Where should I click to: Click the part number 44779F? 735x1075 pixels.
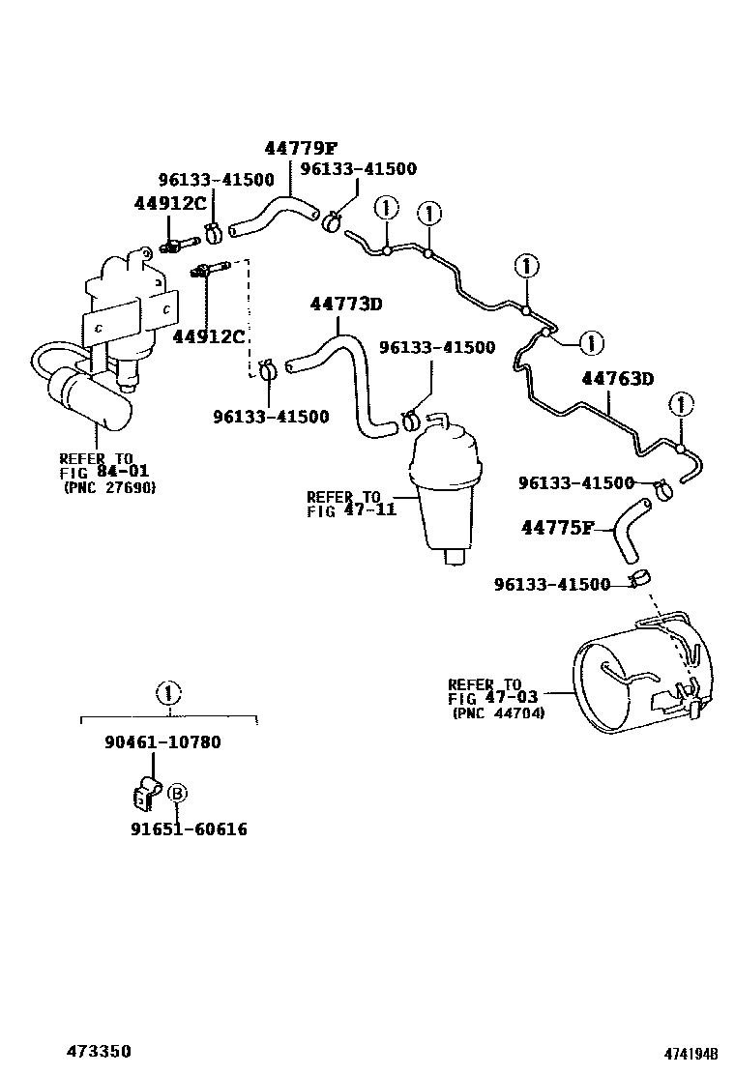(x=301, y=148)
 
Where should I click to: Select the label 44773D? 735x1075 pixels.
(x=346, y=304)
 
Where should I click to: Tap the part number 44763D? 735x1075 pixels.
(x=618, y=378)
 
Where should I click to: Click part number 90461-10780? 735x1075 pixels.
(x=162, y=742)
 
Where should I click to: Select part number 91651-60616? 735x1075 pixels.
(x=189, y=828)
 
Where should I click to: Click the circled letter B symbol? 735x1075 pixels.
(x=177, y=794)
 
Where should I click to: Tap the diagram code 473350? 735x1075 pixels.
(x=99, y=1051)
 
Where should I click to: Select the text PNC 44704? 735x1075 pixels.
(x=498, y=713)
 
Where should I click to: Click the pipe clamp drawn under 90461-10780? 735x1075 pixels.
(x=144, y=792)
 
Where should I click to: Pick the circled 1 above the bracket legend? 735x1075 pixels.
(x=168, y=692)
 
